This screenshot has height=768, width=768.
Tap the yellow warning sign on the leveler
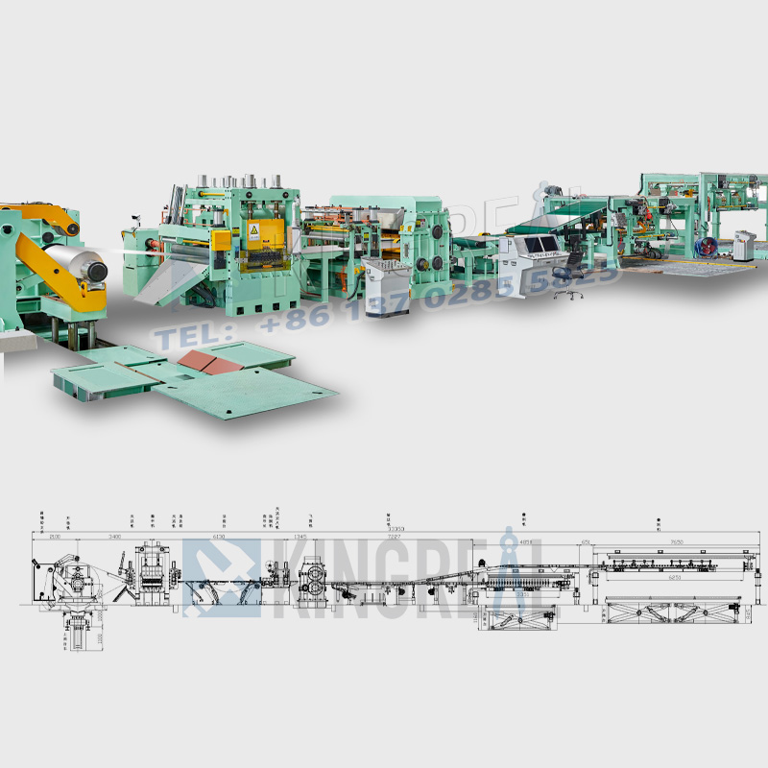pyautogui.click(x=253, y=231)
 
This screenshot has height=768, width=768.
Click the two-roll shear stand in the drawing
pyautogui.click(x=314, y=582)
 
